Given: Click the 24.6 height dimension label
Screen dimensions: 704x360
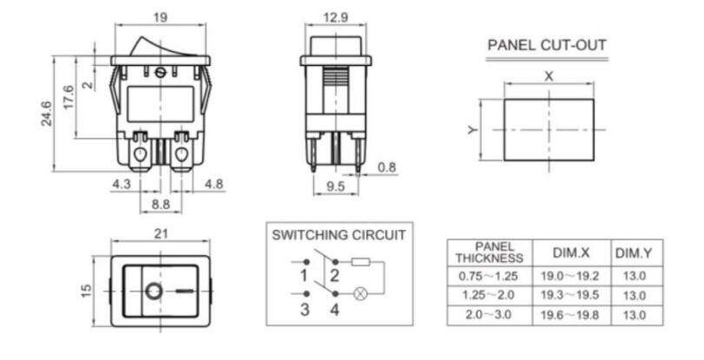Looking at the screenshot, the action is (x=47, y=113).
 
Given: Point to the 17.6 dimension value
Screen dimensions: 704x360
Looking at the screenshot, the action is (x=69, y=97).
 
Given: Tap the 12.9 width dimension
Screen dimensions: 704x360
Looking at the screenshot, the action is (x=335, y=17).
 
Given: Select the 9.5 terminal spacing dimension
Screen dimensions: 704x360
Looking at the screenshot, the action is (x=336, y=186).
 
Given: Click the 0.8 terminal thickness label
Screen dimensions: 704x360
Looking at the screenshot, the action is (x=386, y=167).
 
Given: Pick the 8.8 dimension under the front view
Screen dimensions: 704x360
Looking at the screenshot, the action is (x=161, y=205).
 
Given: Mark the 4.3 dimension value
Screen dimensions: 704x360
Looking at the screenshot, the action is (x=122, y=184).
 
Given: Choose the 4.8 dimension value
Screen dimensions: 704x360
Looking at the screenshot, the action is (x=214, y=184).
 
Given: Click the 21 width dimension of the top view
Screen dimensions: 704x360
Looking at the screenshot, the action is (x=161, y=234).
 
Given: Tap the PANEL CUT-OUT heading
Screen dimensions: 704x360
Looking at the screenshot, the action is (x=547, y=45).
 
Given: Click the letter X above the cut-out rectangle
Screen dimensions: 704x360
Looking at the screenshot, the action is (x=549, y=76).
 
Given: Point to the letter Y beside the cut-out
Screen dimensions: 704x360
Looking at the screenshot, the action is (x=472, y=130).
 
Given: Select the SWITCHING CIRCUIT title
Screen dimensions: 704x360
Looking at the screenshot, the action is (x=339, y=235).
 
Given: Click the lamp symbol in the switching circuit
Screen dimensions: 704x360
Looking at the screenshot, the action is (x=360, y=294).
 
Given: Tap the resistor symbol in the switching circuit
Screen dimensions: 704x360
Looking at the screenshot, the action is (x=360, y=262).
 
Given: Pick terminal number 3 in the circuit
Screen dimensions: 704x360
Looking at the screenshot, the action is (x=305, y=310).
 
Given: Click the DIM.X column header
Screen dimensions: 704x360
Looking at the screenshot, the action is (x=571, y=252).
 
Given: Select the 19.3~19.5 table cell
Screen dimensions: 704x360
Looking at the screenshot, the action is (x=569, y=295).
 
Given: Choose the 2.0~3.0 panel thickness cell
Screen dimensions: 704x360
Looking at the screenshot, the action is (x=489, y=314).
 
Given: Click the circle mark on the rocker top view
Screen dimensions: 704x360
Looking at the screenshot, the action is (x=154, y=291).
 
